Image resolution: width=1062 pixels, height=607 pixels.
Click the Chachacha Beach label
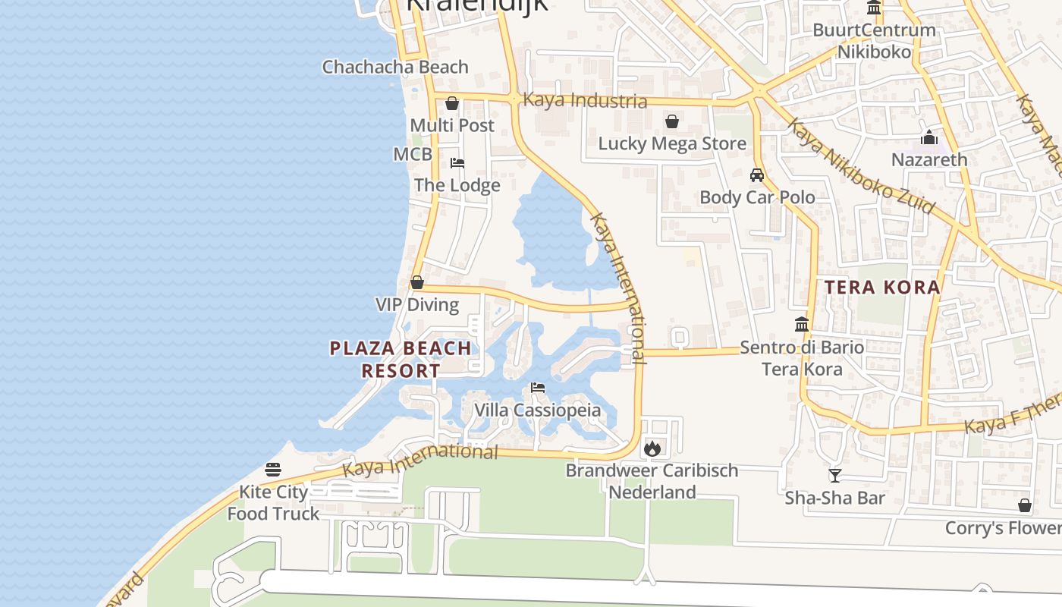395,67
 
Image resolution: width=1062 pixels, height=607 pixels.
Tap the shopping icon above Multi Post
452,103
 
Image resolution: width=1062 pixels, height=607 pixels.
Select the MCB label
412,155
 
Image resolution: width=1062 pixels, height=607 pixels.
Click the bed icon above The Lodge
457,163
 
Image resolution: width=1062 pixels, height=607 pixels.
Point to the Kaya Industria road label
586,100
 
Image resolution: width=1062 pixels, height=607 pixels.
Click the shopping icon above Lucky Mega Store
671,121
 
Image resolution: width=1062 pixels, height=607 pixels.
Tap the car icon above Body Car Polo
756,175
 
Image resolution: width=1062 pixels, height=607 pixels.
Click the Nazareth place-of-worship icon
929,138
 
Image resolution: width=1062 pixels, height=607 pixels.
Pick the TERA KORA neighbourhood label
882,288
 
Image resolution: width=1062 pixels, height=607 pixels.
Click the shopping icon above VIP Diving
416,283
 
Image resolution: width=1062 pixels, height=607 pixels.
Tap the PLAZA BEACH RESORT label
401,360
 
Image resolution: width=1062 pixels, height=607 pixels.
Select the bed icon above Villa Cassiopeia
538,388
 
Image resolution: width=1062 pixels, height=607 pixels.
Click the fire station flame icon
652,448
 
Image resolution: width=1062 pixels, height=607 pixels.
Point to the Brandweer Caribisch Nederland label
652,481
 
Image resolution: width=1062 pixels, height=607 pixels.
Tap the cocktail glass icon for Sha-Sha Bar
834,476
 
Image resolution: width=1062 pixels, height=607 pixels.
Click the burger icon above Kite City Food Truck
273,470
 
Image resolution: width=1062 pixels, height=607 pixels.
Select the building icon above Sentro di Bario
802,325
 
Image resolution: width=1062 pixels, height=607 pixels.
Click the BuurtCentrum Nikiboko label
874,41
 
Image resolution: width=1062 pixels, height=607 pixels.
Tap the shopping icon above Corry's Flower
1024,505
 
